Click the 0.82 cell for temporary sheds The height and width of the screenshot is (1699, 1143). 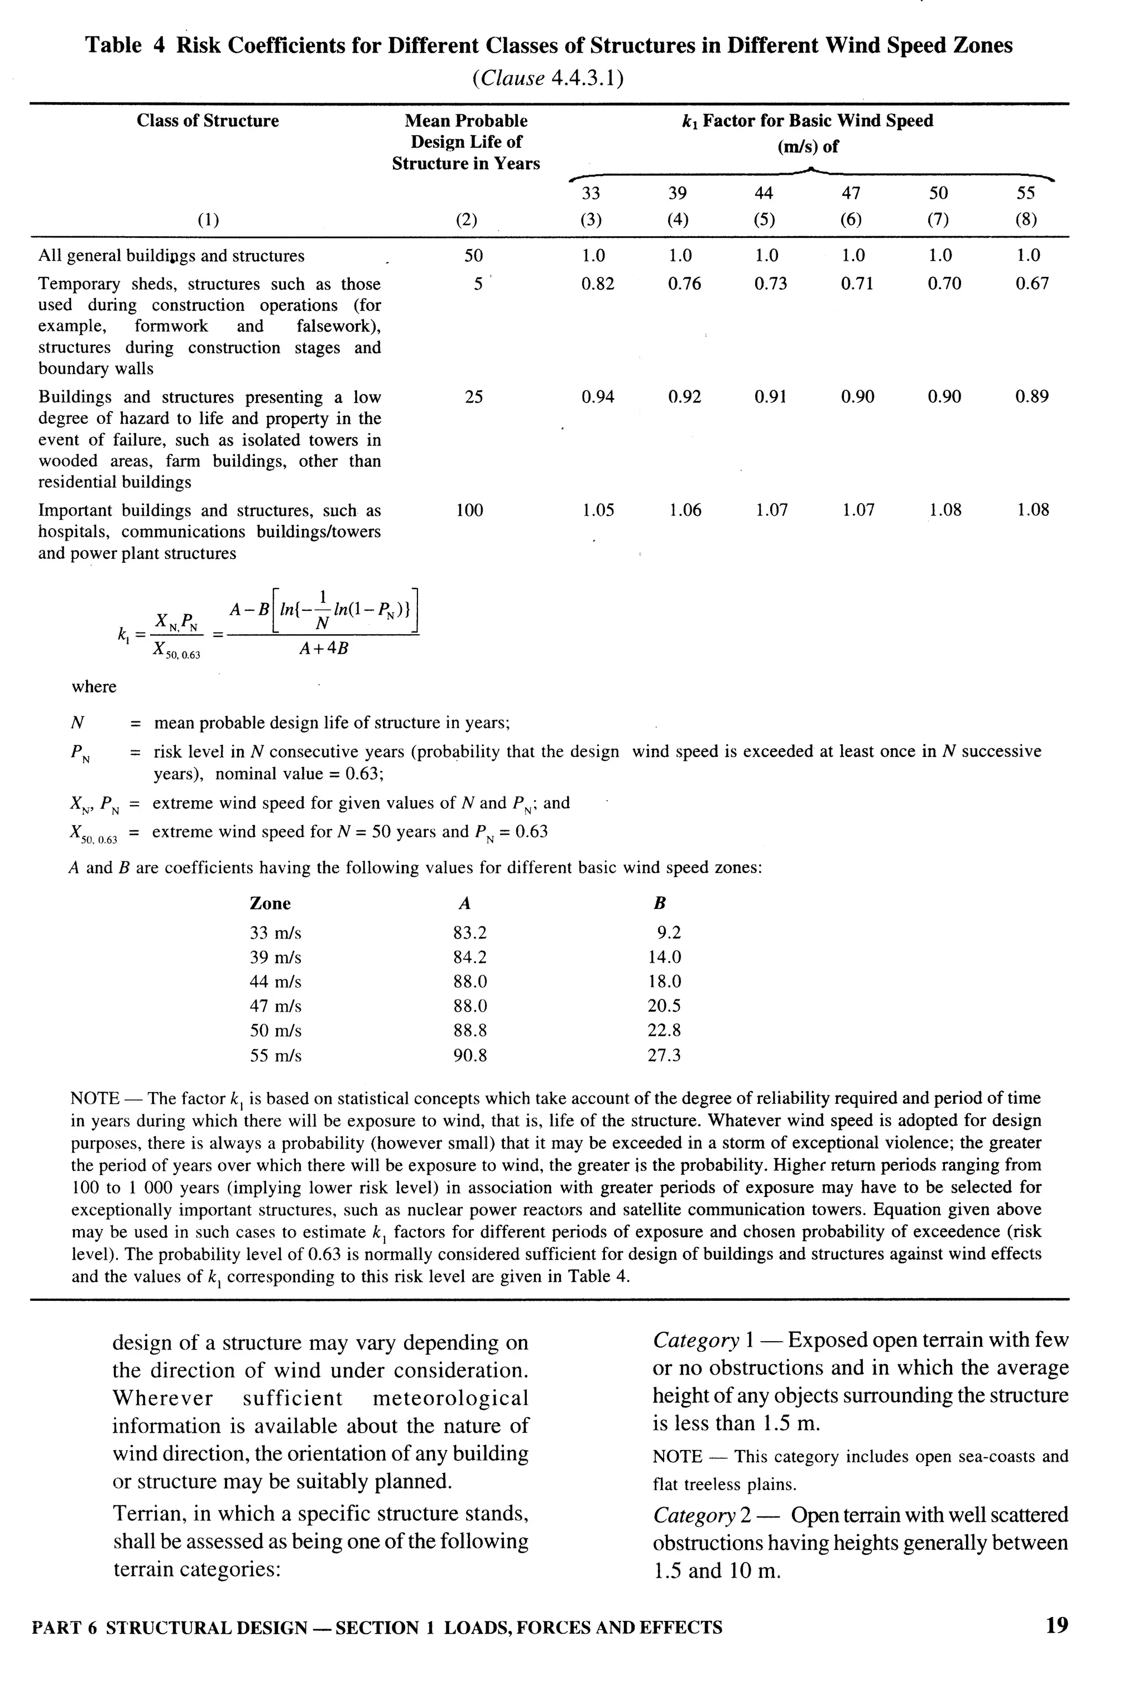[597, 284]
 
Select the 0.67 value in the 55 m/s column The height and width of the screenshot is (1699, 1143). [1031, 284]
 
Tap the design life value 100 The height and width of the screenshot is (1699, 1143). [469, 510]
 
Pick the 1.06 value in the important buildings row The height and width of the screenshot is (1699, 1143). [684, 510]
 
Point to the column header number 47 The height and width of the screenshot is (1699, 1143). [851, 193]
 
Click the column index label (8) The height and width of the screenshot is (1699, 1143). [1026, 219]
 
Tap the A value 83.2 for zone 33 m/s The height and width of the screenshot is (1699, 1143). [469, 932]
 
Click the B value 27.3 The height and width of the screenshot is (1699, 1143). [664, 1055]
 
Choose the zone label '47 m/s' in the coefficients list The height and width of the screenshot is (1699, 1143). [276, 1006]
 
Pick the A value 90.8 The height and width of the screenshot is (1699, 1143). [469, 1055]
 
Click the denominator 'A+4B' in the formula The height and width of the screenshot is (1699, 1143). [324, 648]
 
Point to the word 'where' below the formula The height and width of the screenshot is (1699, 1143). [93, 687]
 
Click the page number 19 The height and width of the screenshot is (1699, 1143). [1056, 1626]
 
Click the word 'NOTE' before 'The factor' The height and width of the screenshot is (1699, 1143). [95, 1098]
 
